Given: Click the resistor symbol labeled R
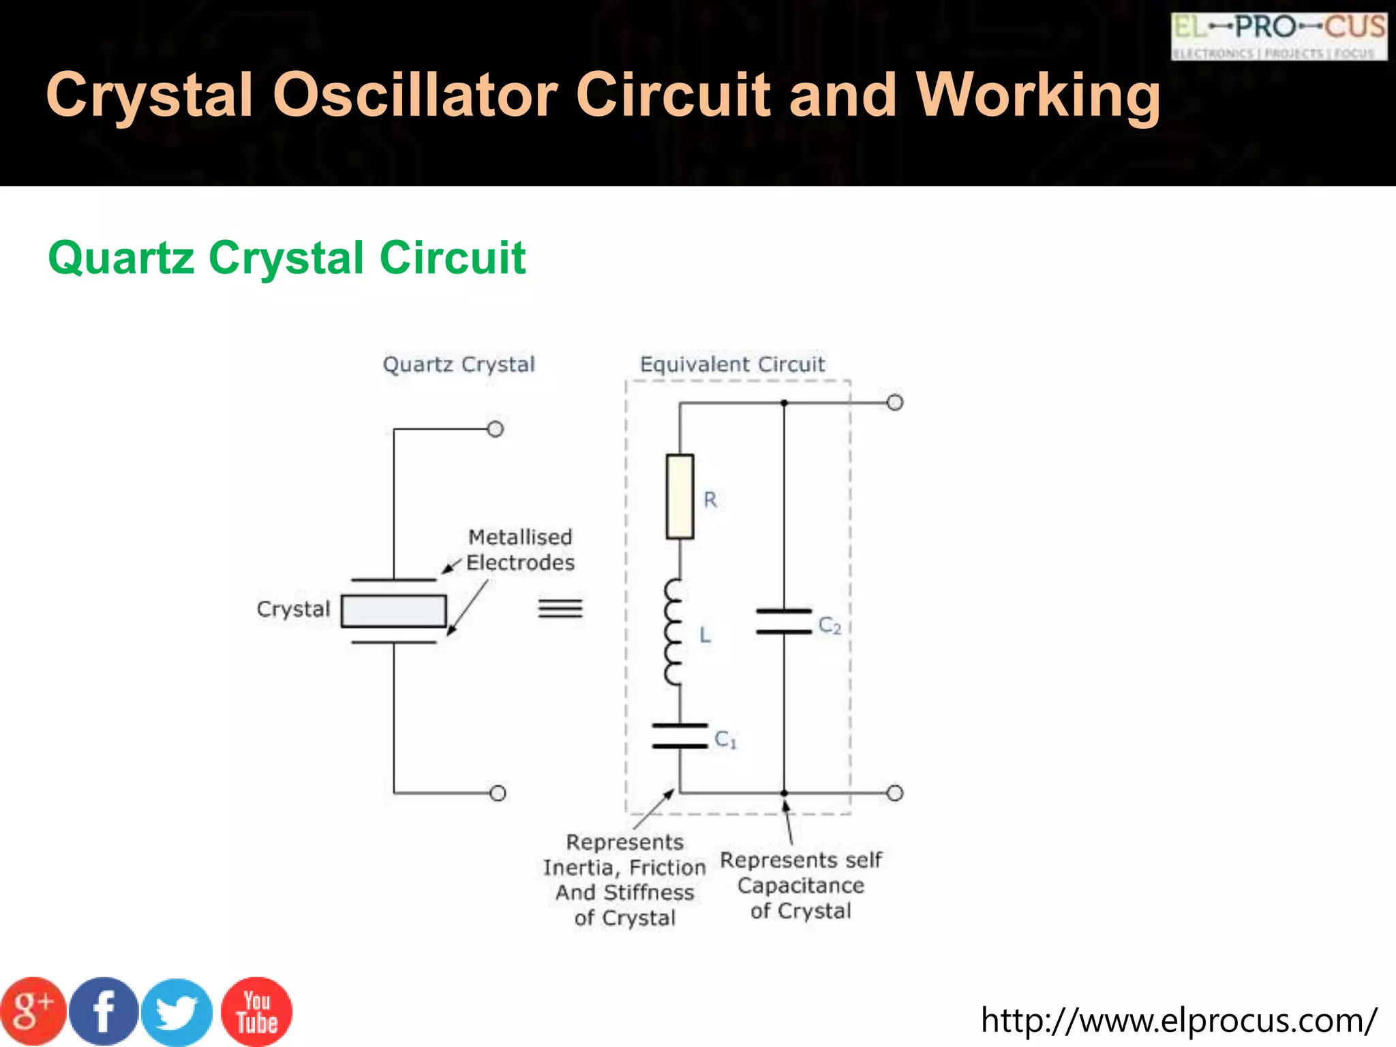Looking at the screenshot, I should pyautogui.click(x=680, y=496).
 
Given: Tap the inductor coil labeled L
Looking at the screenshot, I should pyautogui.click(x=673, y=632).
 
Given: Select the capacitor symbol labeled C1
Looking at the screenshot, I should pyautogui.click(x=680, y=736).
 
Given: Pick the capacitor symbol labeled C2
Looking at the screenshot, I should pyautogui.click(x=784, y=622).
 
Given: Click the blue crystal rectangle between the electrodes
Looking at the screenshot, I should pyautogui.click(x=394, y=611).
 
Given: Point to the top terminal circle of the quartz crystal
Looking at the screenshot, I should pyautogui.click(x=496, y=429).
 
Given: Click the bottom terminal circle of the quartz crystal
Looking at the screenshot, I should pyautogui.click(x=498, y=793).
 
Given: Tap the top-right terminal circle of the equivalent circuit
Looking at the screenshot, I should pyautogui.click(x=895, y=403).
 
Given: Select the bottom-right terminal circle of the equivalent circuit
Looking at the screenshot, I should pyautogui.click(x=895, y=793).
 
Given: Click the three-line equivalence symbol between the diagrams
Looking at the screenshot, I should pyautogui.click(x=560, y=607).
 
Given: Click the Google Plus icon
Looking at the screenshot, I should pyautogui.click(x=33, y=1012).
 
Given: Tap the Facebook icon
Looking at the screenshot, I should pyautogui.click(x=104, y=1012).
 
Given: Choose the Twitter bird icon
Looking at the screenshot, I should pyautogui.click(x=177, y=1012).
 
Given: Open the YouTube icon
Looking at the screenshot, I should pyautogui.click(x=257, y=1012).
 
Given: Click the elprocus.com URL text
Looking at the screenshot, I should pyautogui.click(x=1179, y=1020).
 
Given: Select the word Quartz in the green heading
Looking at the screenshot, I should pyautogui.click(x=121, y=258).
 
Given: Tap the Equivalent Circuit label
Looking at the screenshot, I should pyautogui.click(x=732, y=365).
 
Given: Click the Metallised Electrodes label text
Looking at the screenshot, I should pyautogui.click(x=520, y=550).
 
